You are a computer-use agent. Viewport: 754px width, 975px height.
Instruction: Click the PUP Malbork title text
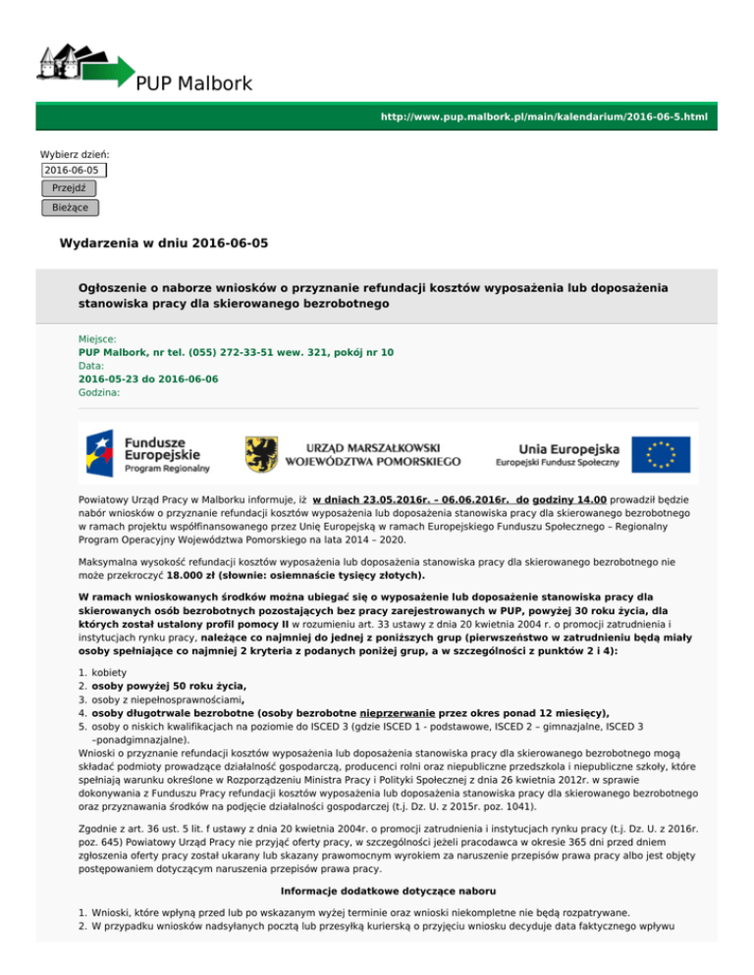coord(194,82)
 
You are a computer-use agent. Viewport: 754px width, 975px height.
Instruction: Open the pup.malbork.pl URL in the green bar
coord(544,117)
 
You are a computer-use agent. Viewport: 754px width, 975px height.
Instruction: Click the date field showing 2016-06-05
coord(73,170)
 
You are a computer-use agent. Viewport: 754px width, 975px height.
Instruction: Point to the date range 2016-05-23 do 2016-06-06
coord(148,378)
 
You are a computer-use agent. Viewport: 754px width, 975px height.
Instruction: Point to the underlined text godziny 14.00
coord(569,499)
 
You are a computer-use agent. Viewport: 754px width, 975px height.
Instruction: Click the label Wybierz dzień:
coord(75,154)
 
